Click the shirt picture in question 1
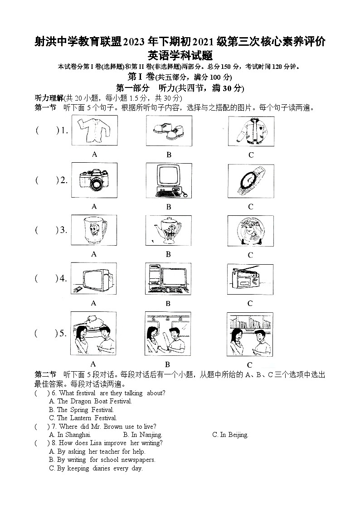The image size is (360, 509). point(94,131)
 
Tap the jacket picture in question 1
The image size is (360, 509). point(251,131)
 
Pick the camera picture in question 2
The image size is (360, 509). point(94,180)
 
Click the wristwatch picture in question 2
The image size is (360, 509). point(251,180)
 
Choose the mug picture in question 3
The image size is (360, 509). point(94,230)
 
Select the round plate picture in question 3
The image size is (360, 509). point(251,231)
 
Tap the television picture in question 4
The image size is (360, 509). point(94,279)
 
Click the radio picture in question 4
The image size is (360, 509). point(250,279)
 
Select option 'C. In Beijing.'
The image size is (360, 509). point(230,435)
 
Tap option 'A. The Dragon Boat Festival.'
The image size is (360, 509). point(90,401)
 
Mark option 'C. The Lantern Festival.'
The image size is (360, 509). point(83,418)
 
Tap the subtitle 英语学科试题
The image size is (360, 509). point(180,55)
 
